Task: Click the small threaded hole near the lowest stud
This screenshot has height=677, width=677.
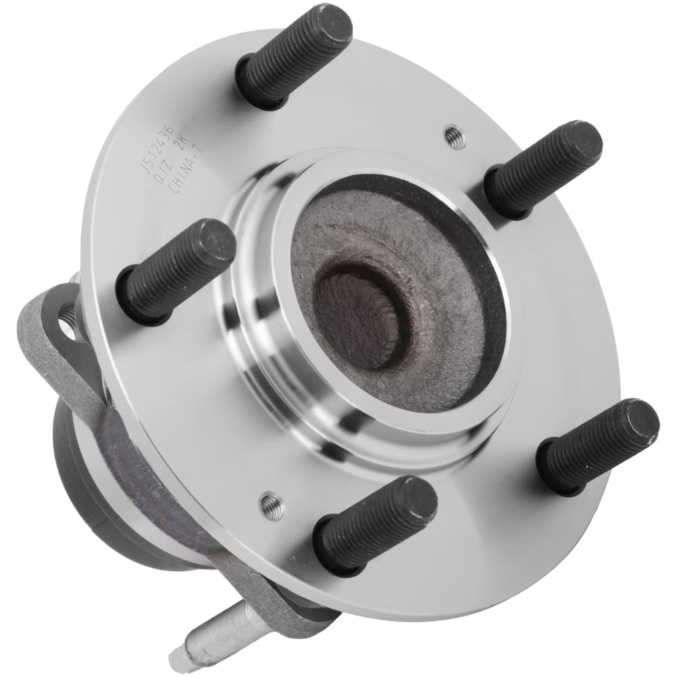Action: point(273,505)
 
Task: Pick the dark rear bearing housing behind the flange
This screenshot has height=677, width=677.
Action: point(88,467)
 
